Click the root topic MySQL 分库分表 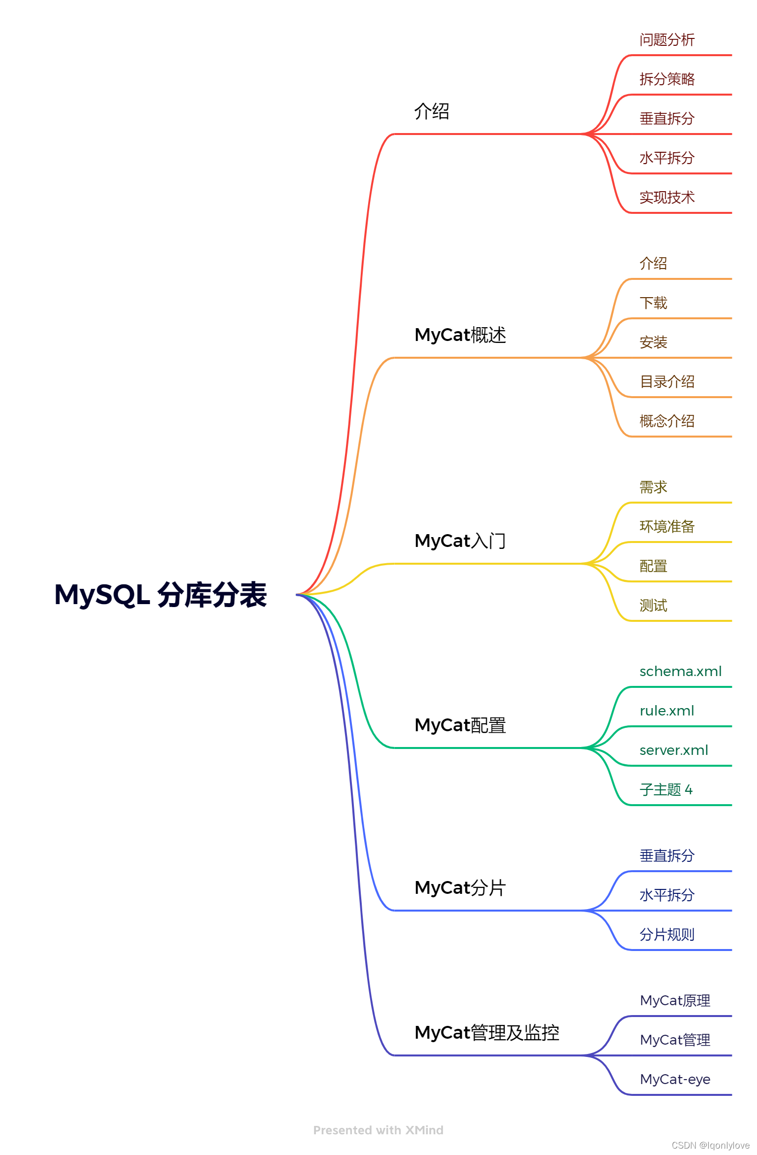click(x=161, y=595)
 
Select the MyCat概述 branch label click(x=460, y=335)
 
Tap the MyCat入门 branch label click(x=460, y=541)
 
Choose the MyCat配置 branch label click(x=460, y=725)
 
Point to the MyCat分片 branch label click(x=460, y=888)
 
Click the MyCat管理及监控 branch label click(x=487, y=1033)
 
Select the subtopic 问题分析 click(x=667, y=40)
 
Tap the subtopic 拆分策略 click(x=667, y=79)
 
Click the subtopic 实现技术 click(x=667, y=198)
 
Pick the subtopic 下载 click(x=653, y=303)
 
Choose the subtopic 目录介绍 click(x=667, y=382)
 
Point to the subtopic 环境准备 click(x=667, y=527)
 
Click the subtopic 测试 click(x=653, y=606)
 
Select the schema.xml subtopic click(x=680, y=672)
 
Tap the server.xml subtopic click(x=674, y=750)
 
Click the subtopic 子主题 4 click(x=666, y=790)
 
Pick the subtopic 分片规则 click(x=667, y=935)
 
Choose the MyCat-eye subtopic click(x=675, y=1080)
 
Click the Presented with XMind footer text click(x=378, y=1130)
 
